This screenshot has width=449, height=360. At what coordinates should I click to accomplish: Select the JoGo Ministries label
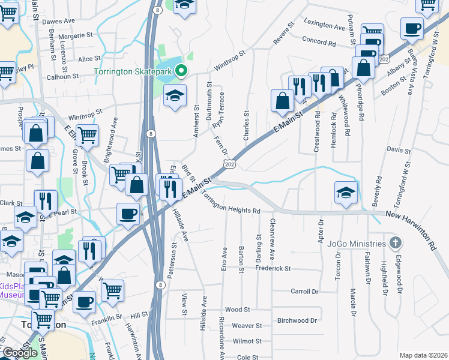357,244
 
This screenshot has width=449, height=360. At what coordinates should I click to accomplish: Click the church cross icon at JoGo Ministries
395,243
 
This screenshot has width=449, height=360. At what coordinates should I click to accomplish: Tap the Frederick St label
273,269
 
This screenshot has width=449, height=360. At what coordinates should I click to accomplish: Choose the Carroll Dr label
304,291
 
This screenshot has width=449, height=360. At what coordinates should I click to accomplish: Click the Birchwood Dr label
297,320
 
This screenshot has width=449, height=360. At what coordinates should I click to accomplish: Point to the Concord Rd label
319,43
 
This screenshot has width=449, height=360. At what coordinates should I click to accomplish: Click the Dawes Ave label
58,20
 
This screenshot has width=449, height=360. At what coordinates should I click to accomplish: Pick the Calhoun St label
63,77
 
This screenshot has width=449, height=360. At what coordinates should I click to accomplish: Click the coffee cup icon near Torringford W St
412,28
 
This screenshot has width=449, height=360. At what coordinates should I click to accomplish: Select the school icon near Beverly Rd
346,192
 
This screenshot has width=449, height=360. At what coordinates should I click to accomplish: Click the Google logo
20,353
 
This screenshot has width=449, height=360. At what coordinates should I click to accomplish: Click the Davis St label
394,149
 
